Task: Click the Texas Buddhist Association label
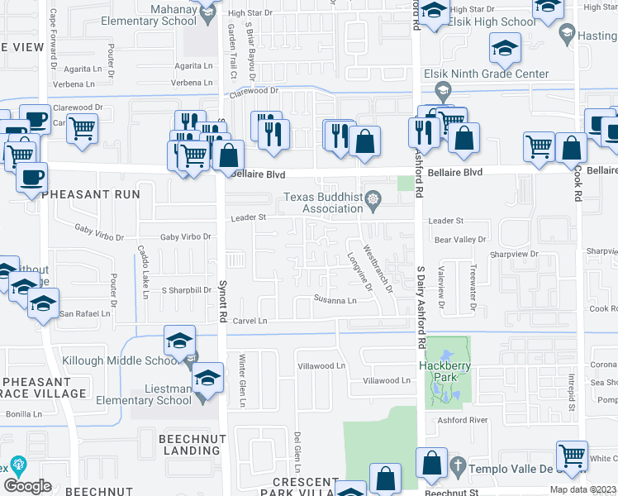coord(322,203)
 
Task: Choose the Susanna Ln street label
coord(335,300)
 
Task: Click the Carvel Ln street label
coord(250,321)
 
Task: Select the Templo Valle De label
coord(510,468)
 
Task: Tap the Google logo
coord(27,485)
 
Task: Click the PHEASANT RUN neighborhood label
coord(93,193)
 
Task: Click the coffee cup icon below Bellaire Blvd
coord(31,178)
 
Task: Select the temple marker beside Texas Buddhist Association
coord(374,198)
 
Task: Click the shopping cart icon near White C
coord(572,455)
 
